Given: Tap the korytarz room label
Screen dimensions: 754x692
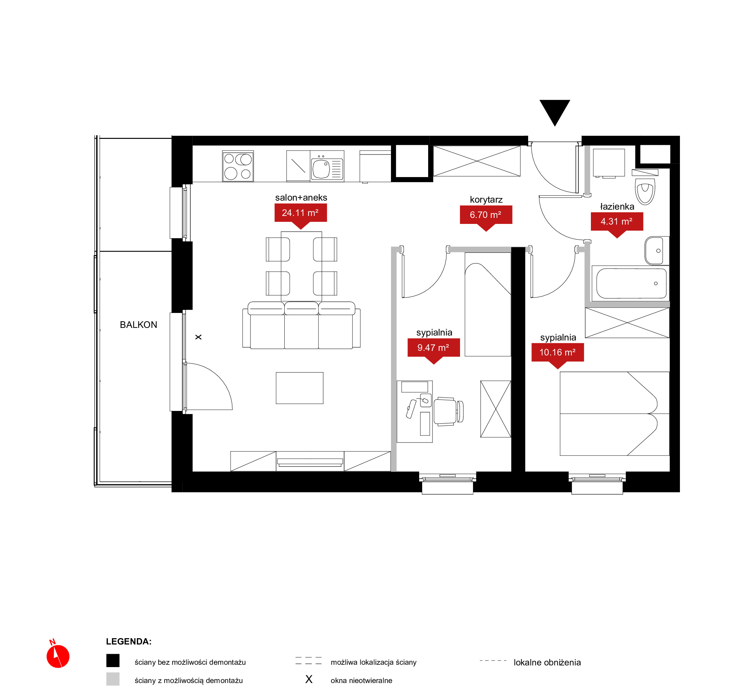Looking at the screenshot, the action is (486, 200).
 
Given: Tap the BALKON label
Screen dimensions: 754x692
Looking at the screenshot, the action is (139, 325).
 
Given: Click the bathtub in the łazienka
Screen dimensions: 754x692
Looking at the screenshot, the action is (631, 283).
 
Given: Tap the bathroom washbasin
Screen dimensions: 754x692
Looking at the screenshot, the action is (657, 250).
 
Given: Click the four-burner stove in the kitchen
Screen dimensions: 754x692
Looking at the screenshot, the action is (238, 166).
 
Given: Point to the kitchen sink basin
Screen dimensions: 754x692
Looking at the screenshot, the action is (321, 169).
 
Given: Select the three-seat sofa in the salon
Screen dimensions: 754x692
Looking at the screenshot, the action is (301, 325).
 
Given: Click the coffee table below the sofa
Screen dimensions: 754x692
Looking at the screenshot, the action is (300, 388).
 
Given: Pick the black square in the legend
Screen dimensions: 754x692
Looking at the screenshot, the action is (113, 660).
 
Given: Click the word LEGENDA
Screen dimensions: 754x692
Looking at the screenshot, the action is (129, 642).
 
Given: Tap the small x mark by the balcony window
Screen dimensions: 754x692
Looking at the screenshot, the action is (198, 337).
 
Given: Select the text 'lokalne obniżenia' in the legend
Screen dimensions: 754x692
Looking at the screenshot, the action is (547, 662).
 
